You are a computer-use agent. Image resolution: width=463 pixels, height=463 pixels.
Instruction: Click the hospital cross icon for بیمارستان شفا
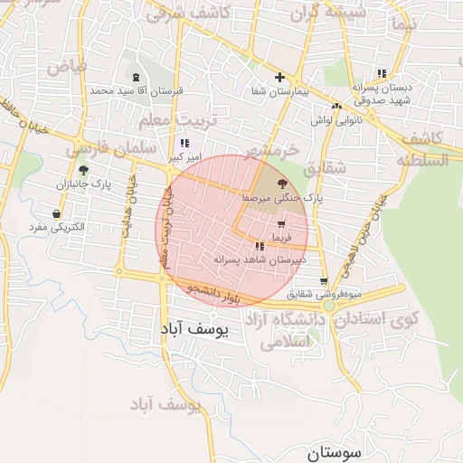tap(279, 77)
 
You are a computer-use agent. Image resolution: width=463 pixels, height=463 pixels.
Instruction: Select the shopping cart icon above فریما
tap(281, 223)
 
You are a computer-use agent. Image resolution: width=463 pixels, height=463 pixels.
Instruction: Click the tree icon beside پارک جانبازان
tap(83, 169)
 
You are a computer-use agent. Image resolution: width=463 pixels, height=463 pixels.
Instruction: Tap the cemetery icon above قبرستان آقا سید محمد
tap(136, 77)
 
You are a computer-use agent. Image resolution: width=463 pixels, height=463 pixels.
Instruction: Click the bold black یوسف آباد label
tap(199, 329)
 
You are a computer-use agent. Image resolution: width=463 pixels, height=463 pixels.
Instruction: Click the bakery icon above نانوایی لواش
tap(336, 106)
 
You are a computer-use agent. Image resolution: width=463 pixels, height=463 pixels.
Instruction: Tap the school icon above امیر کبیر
tap(184, 143)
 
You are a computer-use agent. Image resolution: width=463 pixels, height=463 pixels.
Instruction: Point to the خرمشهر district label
tap(270, 150)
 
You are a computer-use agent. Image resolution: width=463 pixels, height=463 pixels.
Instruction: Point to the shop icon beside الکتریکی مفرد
tap(57, 214)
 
